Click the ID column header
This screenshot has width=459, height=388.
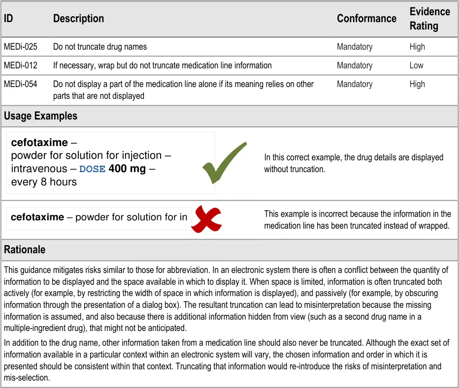pos(8,19)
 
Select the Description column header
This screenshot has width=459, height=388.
pos(78,19)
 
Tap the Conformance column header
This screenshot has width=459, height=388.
pos(366,19)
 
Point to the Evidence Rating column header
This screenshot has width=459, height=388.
pos(429,19)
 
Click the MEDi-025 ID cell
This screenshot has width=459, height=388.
pos(21,47)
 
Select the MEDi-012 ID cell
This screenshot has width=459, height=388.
pos(21,65)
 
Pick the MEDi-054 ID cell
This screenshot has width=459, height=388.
pos(21,84)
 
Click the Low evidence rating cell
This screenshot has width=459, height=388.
pos(416,65)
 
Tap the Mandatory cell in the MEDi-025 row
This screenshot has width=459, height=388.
pos(355,47)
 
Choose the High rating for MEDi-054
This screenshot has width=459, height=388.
pos(417,84)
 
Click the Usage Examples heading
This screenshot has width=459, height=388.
pos(41,117)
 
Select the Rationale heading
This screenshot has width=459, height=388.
pos(25,250)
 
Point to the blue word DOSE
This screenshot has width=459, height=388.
pos(92,169)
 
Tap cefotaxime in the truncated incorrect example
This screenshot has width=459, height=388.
pos(37,217)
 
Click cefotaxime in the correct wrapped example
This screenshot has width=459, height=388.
pos(39,143)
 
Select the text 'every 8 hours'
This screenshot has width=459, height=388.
pos(44,182)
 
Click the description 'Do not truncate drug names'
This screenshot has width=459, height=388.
pos(100,47)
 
